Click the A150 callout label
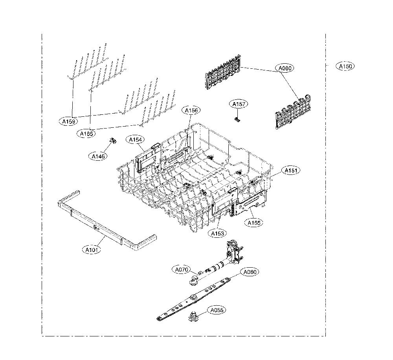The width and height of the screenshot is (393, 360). click(345, 66)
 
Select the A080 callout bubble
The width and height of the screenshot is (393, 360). click(285, 68)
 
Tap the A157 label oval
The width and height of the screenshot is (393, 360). click(239, 104)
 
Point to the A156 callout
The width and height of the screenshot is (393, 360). click(191, 110)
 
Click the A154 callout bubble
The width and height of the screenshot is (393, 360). click(135, 140)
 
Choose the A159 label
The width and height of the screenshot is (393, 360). click(68, 121)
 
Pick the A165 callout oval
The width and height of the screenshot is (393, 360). click(86, 134)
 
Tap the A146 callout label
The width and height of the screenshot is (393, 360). click(98, 156)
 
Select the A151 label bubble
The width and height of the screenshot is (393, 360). click(291, 171)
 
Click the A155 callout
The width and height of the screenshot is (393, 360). click(254, 222)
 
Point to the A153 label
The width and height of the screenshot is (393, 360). click(217, 234)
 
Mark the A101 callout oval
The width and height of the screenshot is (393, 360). click(92, 250)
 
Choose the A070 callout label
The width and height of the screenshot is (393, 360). click(181, 270)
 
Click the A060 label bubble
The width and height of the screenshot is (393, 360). click(250, 272)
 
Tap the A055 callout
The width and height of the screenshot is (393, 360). click(217, 310)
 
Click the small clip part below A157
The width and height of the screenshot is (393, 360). click(237, 119)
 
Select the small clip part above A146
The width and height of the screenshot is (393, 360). click(113, 140)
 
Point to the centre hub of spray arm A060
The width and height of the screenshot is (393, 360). click(193, 298)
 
